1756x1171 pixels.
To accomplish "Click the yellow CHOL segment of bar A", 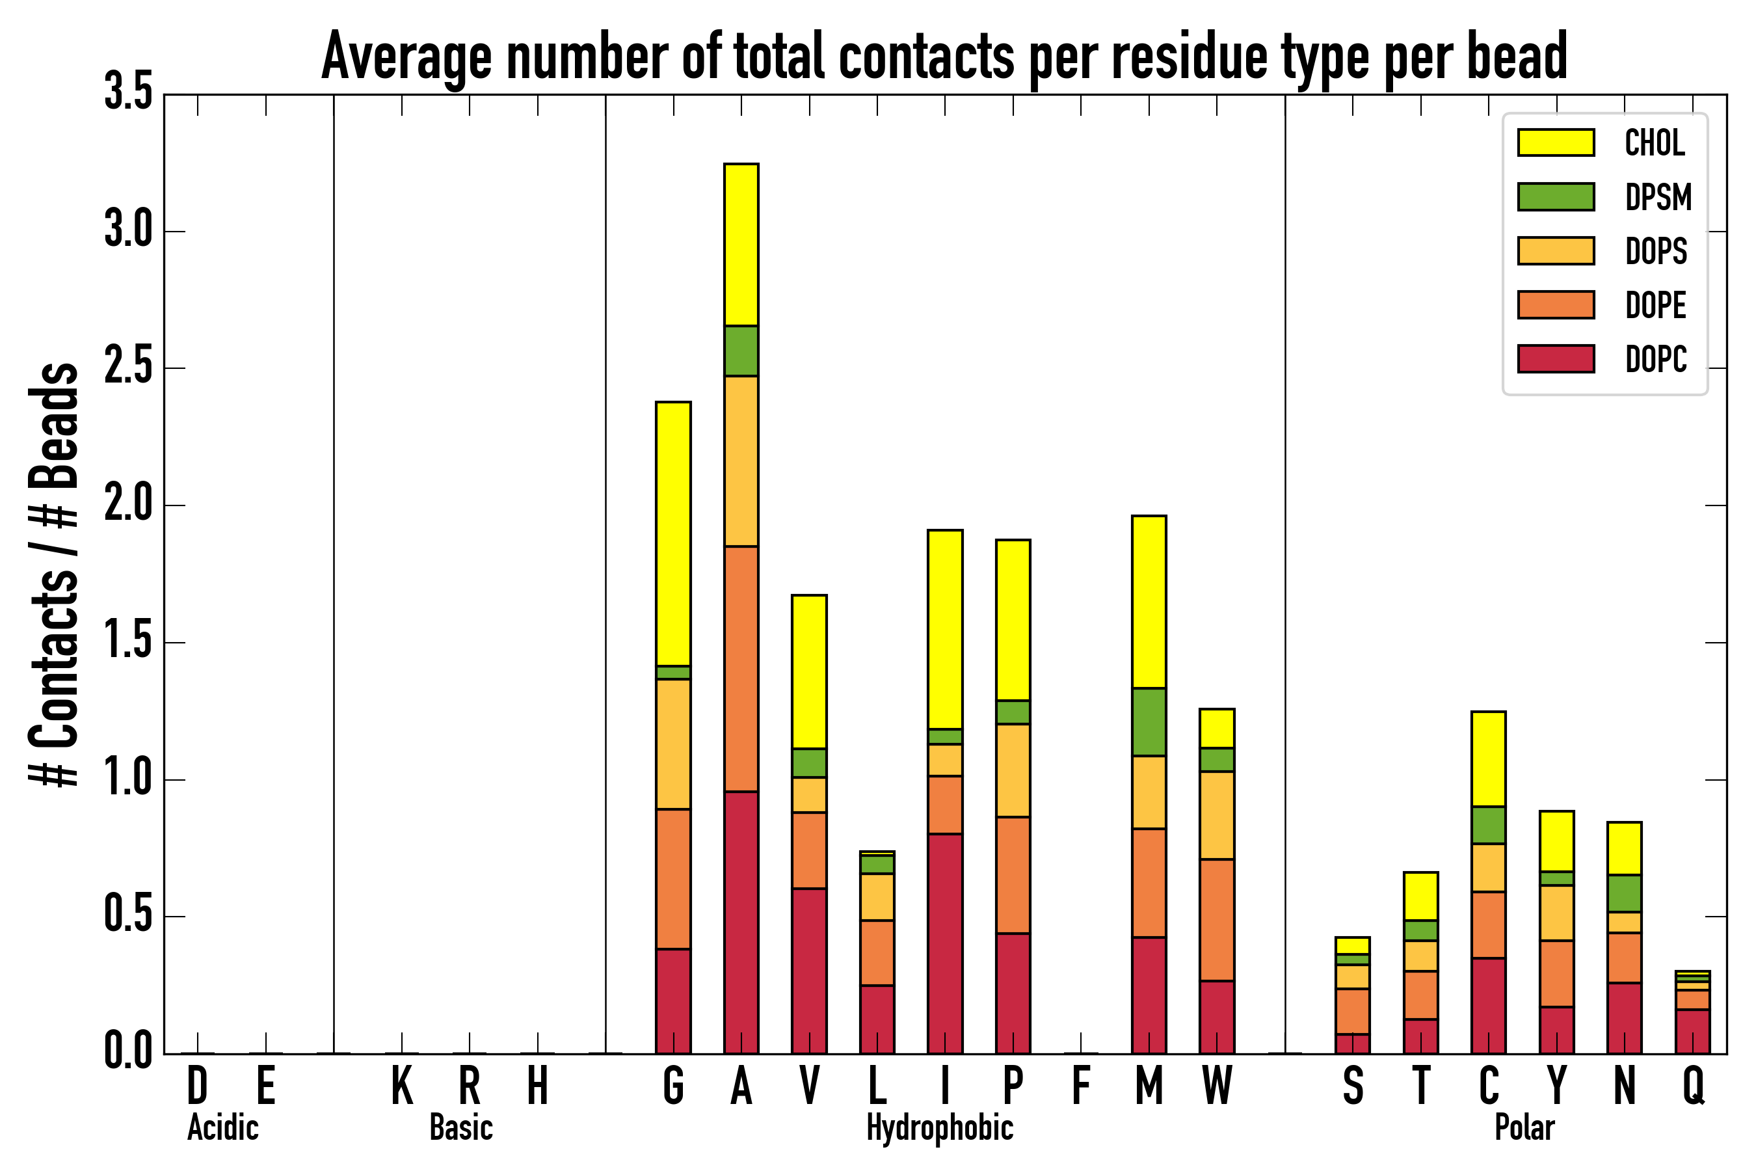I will tap(741, 244).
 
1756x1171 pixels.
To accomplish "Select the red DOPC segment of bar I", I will tap(944, 943).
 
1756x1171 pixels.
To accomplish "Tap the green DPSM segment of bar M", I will tap(1149, 721).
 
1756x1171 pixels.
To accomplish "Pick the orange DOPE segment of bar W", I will tap(1216, 920).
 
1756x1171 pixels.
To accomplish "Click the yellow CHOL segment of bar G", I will tap(672, 533).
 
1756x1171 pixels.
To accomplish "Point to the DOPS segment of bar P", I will tap(1013, 770).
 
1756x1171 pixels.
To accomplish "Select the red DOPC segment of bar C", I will tap(1488, 1005).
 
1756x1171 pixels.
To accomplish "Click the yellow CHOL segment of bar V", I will tap(808, 671).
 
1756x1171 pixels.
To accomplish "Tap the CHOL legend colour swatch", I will tap(1555, 142).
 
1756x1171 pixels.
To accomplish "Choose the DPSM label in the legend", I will tap(1657, 197).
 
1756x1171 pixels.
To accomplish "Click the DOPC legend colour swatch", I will tap(1555, 358).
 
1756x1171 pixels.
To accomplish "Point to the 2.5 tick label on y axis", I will tap(128, 368).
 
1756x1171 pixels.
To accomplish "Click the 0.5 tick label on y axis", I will tap(128, 915).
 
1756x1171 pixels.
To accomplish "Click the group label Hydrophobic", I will tap(939, 1127).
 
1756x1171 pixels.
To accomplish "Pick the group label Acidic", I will tap(222, 1127).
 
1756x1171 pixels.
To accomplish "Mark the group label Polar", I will tap(1524, 1127).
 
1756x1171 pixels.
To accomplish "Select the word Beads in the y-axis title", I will tap(54, 425).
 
